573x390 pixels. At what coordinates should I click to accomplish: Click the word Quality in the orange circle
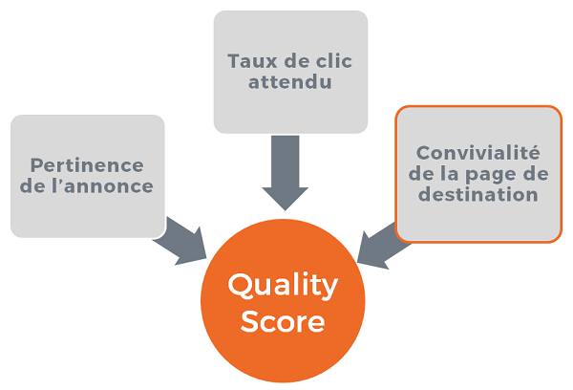pos(282,285)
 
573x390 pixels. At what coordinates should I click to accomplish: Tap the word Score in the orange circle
pos(282,321)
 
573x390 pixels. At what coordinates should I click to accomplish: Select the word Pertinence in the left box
pos(87,165)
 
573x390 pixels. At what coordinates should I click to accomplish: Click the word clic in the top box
pos(330,61)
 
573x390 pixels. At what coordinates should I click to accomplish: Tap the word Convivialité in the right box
pos(478,153)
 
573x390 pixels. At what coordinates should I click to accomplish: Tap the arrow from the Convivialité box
pos(382,245)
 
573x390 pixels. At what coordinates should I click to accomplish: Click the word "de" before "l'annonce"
pos(42,185)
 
